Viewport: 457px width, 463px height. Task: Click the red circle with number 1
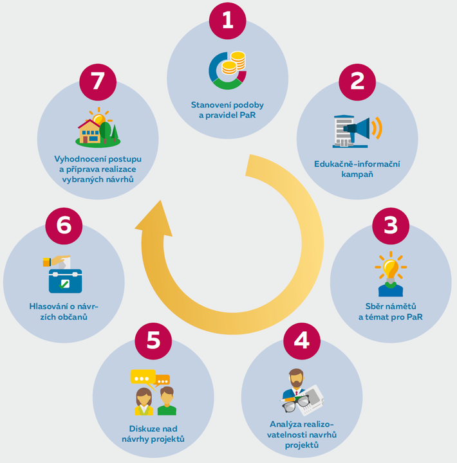tap(227, 21)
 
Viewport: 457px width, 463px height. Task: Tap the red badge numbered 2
tap(357, 82)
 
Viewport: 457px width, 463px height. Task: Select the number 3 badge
tap(391, 226)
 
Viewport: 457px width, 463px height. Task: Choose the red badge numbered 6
tap(63, 226)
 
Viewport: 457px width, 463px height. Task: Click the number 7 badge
tap(98, 82)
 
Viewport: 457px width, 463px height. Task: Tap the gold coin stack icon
tap(236, 64)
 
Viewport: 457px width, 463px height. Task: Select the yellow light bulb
tap(390, 268)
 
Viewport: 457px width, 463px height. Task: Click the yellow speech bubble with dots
tap(142, 377)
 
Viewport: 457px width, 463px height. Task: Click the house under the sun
tap(89, 131)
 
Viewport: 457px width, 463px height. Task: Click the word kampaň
tap(357, 175)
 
